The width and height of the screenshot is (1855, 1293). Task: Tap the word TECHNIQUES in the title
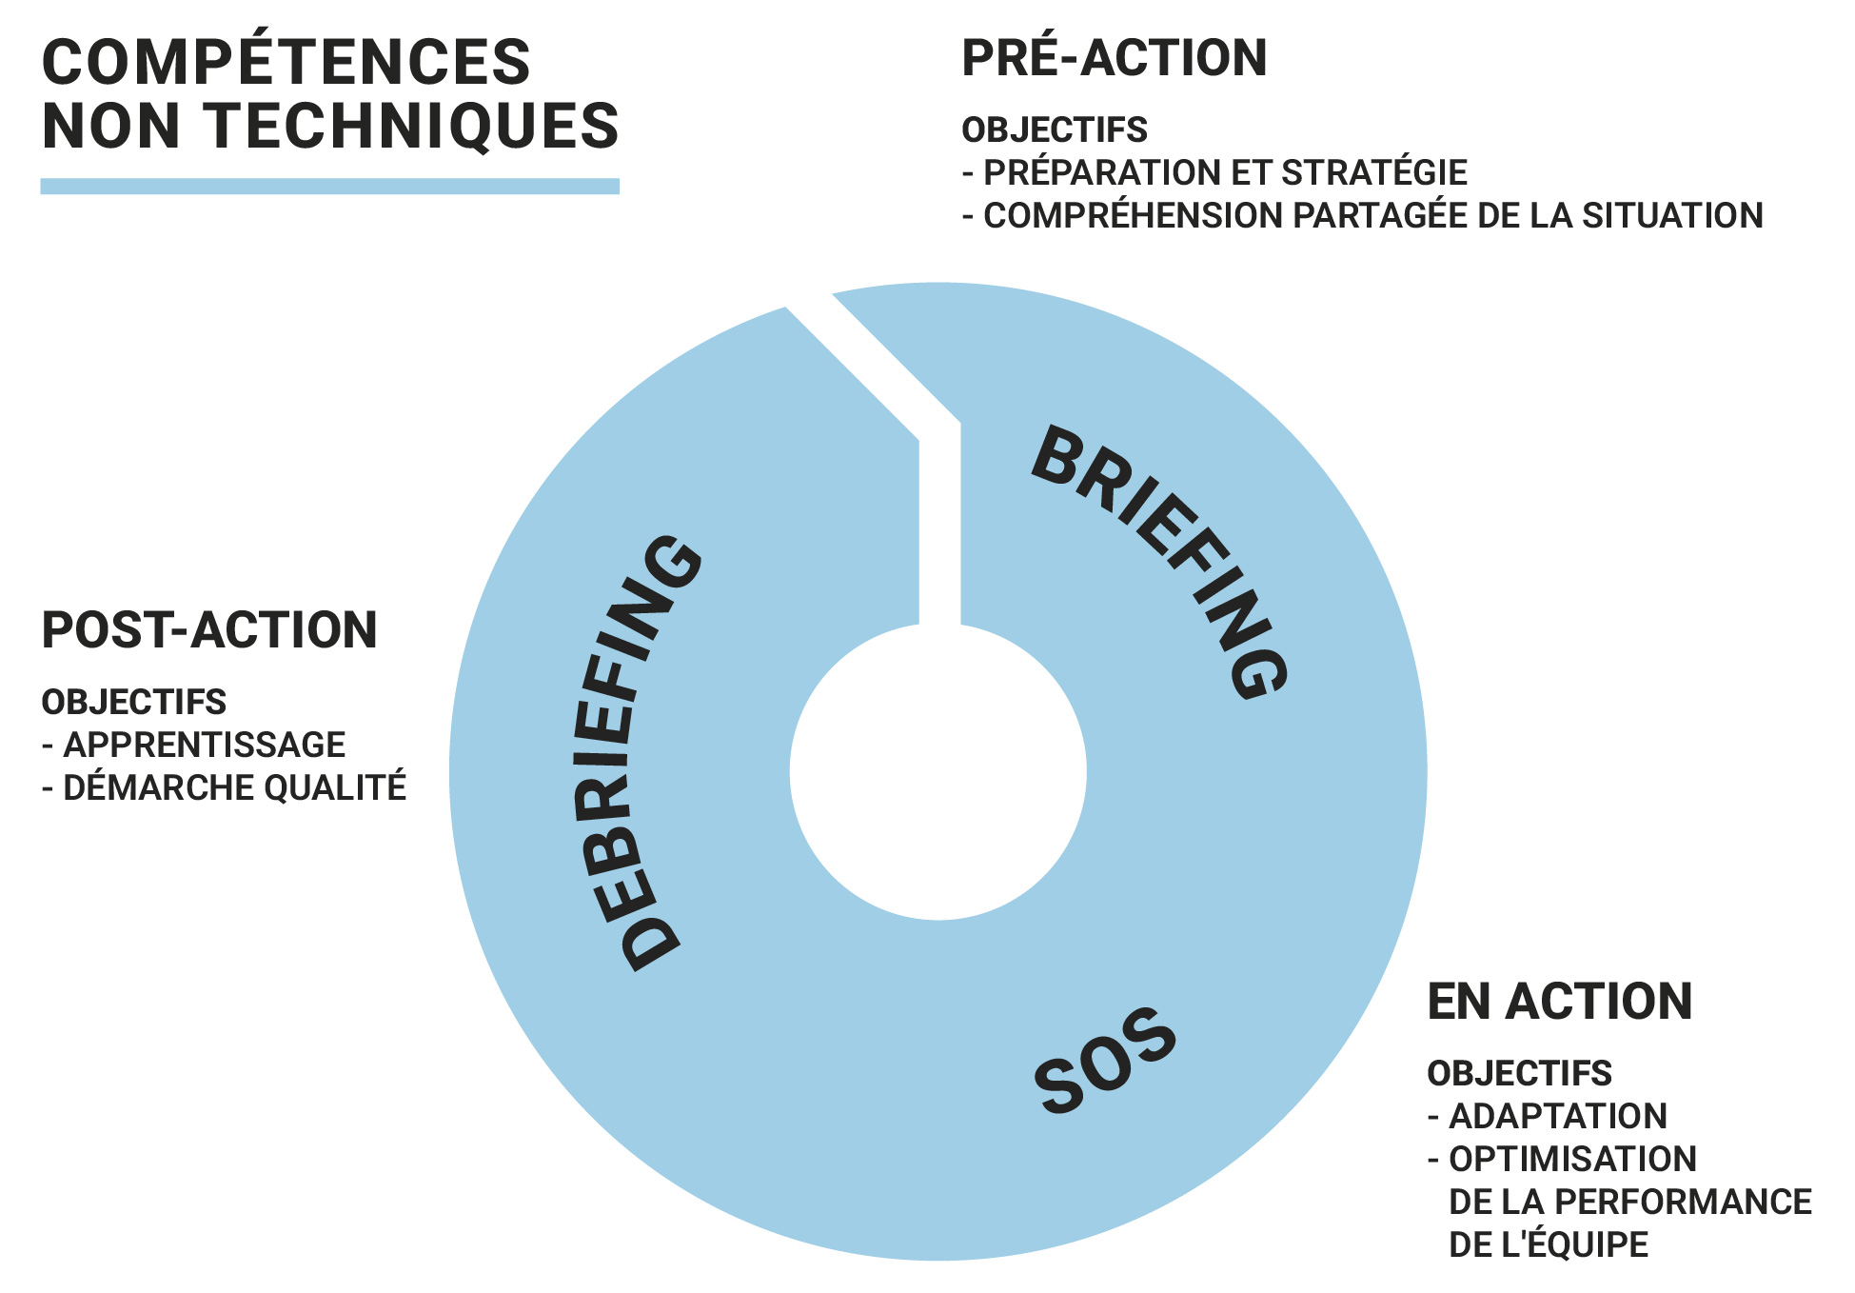point(411,126)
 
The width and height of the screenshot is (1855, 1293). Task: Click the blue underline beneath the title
point(329,186)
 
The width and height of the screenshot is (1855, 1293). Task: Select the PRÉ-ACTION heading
point(1115,57)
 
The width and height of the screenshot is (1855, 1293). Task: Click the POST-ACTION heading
point(209,630)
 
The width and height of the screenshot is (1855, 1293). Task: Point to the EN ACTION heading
point(1560,1002)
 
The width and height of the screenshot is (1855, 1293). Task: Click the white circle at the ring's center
point(938,772)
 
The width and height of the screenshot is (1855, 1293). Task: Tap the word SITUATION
point(1672,215)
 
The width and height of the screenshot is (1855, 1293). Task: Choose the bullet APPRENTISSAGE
point(204,745)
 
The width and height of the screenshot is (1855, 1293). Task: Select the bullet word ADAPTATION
point(1558,1116)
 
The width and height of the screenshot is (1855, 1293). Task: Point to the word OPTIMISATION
point(1572,1159)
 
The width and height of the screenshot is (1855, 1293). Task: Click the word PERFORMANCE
point(1683,1202)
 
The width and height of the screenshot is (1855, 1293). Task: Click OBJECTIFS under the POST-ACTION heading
point(134,702)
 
